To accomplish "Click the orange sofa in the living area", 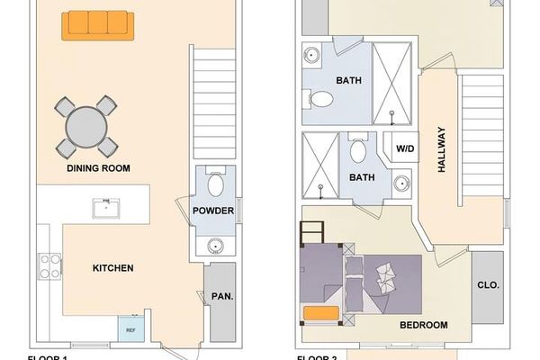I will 97,25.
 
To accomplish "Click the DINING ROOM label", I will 98,168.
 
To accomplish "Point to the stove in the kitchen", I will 49,266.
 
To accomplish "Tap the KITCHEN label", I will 113,268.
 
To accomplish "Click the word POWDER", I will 213,211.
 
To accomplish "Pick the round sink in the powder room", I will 215,245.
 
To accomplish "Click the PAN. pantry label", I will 221,296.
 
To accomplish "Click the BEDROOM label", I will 422,325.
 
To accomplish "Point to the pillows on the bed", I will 388,275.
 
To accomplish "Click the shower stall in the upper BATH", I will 392,82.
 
